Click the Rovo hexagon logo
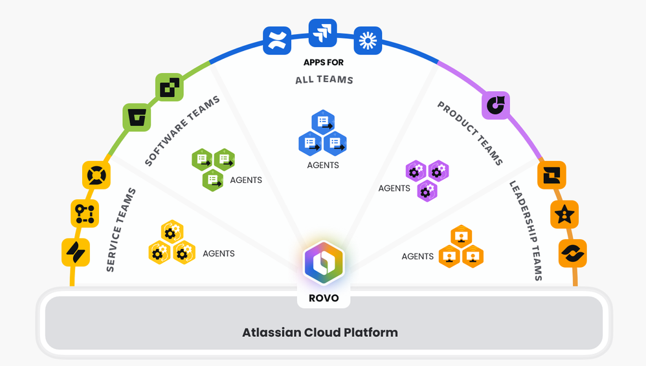pyautogui.click(x=323, y=263)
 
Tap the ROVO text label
pyautogui.click(x=323, y=299)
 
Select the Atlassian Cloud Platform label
pyautogui.click(x=320, y=332)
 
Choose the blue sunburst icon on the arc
pyautogui.click(x=368, y=41)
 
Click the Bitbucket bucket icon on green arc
pyautogui.click(x=137, y=118)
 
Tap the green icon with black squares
pyautogui.click(x=170, y=87)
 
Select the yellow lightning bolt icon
pyautogui.click(x=76, y=252)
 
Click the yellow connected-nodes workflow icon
pyautogui.click(x=85, y=213)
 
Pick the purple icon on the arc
pyautogui.click(x=496, y=105)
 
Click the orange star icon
pyautogui.click(x=564, y=214)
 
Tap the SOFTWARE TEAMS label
pyautogui.click(x=182, y=131)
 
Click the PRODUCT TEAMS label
pyautogui.click(x=471, y=133)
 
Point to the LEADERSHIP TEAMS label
pyautogui.click(x=525, y=230)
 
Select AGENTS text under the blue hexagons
pyautogui.click(x=323, y=165)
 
